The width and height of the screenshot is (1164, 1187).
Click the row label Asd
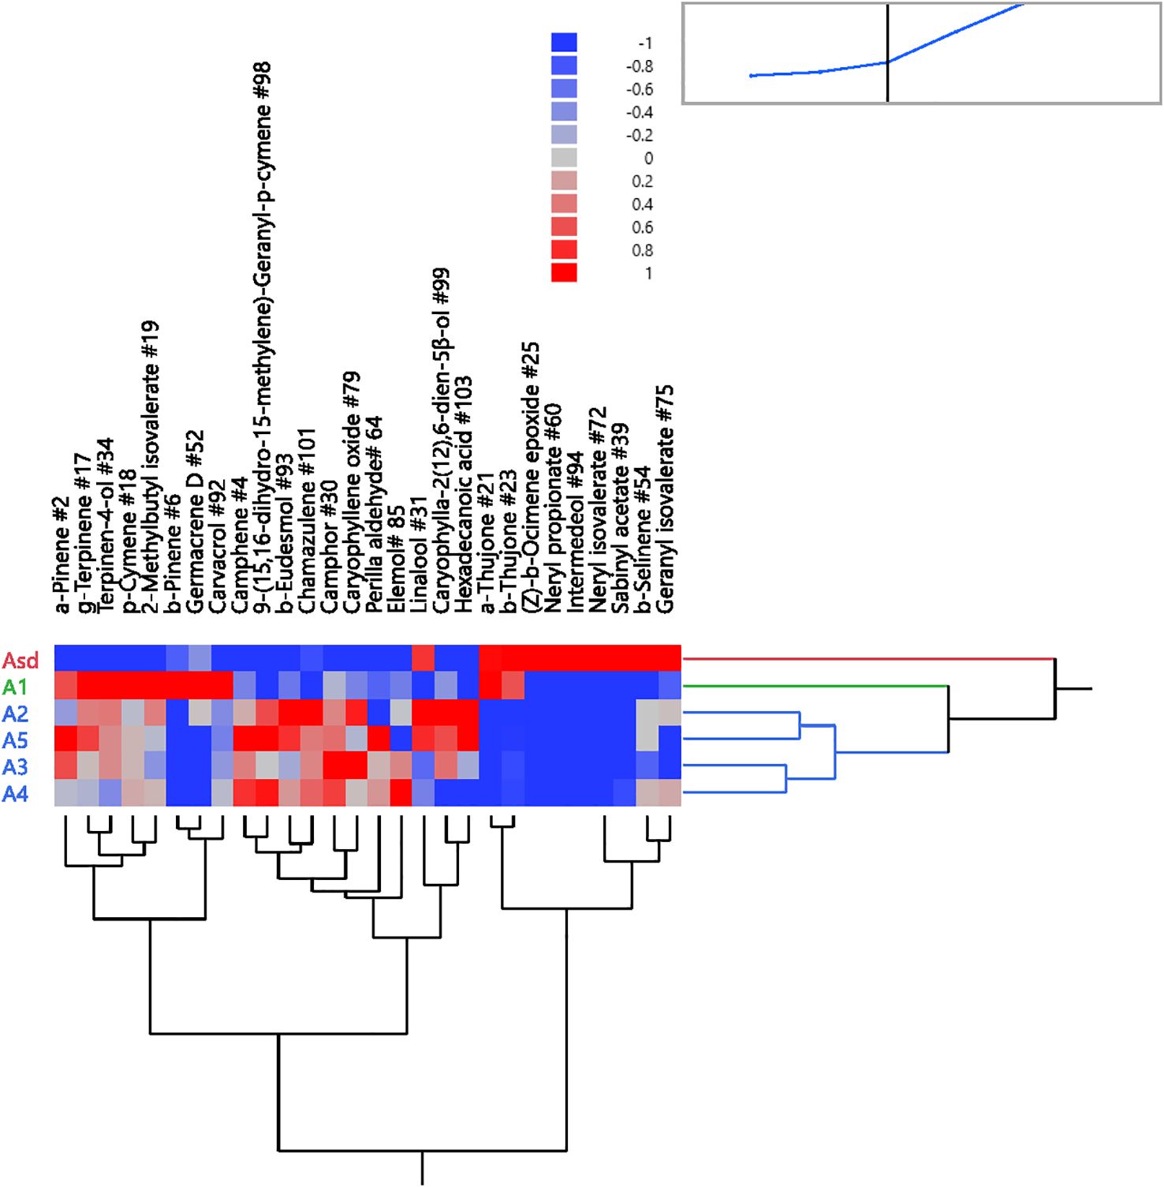coord(21,660)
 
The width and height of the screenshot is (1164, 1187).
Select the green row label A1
coord(15,687)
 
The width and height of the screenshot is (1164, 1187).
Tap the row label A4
coord(15,793)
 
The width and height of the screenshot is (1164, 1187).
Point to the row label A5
coord(15,740)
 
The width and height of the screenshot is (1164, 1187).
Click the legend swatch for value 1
coord(564,273)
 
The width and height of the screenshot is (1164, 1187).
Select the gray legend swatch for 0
coord(564,158)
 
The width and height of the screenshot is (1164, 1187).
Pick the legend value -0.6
coord(640,89)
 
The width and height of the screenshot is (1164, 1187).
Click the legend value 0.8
coord(643,250)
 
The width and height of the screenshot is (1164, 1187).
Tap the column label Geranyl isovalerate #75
coord(666,499)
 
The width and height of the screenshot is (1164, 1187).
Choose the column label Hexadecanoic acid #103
coord(464,494)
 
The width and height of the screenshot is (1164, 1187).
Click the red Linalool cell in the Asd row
coord(423,657)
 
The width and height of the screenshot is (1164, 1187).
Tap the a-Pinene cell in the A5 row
coord(65,740)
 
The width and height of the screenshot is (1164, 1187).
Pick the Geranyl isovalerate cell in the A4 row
coord(670,792)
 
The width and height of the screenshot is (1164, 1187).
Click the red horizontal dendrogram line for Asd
coord(867,658)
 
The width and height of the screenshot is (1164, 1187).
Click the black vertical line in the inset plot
coord(888,53)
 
